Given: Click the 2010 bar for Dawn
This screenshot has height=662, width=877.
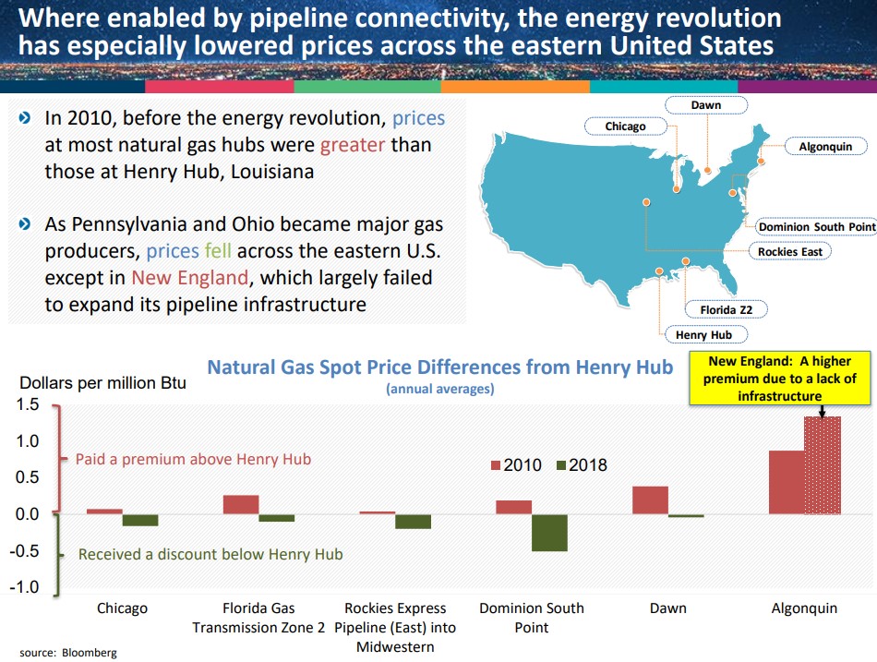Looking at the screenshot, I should pyautogui.click(x=650, y=500).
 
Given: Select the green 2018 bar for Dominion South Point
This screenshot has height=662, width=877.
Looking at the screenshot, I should pyautogui.click(x=549, y=533).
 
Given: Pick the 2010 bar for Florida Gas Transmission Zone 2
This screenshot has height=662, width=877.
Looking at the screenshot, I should pyautogui.click(x=241, y=504).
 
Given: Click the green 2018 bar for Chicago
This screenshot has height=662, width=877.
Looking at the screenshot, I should pyautogui.click(x=140, y=520).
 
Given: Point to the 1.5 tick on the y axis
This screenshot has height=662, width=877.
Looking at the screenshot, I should pyautogui.click(x=27, y=404).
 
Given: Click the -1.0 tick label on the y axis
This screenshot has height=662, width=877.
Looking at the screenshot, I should pyautogui.click(x=27, y=587).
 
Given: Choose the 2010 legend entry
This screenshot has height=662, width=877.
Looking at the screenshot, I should pyautogui.click(x=513, y=465).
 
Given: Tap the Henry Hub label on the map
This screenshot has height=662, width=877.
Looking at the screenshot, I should pyautogui.click(x=703, y=334).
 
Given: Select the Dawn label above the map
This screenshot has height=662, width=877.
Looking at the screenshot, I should pyautogui.click(x=706, y=105).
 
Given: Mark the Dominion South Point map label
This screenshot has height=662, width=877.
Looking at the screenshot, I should pyautogui.click(x=816, y=226).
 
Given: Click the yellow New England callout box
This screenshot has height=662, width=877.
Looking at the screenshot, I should pyautogui.click(x=780, y=379).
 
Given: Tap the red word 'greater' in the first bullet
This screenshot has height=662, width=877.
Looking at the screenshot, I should pyautogui.click(x=352, y=145).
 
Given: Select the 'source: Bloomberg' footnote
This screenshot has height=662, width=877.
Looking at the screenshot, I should pyautogui.click(x=68, y=653).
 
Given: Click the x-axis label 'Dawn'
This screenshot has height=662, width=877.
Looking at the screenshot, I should pyautogui.click(x=667, y=608).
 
